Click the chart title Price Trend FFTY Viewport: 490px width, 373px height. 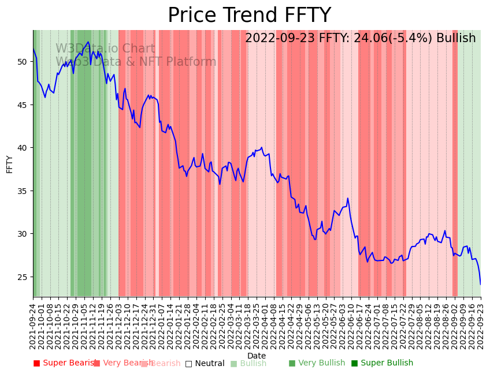coord(249,16)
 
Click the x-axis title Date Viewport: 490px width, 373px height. coord(257,356)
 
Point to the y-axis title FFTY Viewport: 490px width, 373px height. coord(10,164)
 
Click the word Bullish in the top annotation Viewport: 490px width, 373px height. coord(456,39)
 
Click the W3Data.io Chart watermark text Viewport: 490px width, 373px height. coord(105,49)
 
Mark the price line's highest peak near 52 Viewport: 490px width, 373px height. coord(88,42)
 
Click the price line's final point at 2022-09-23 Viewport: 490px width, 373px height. coord(480,284)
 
